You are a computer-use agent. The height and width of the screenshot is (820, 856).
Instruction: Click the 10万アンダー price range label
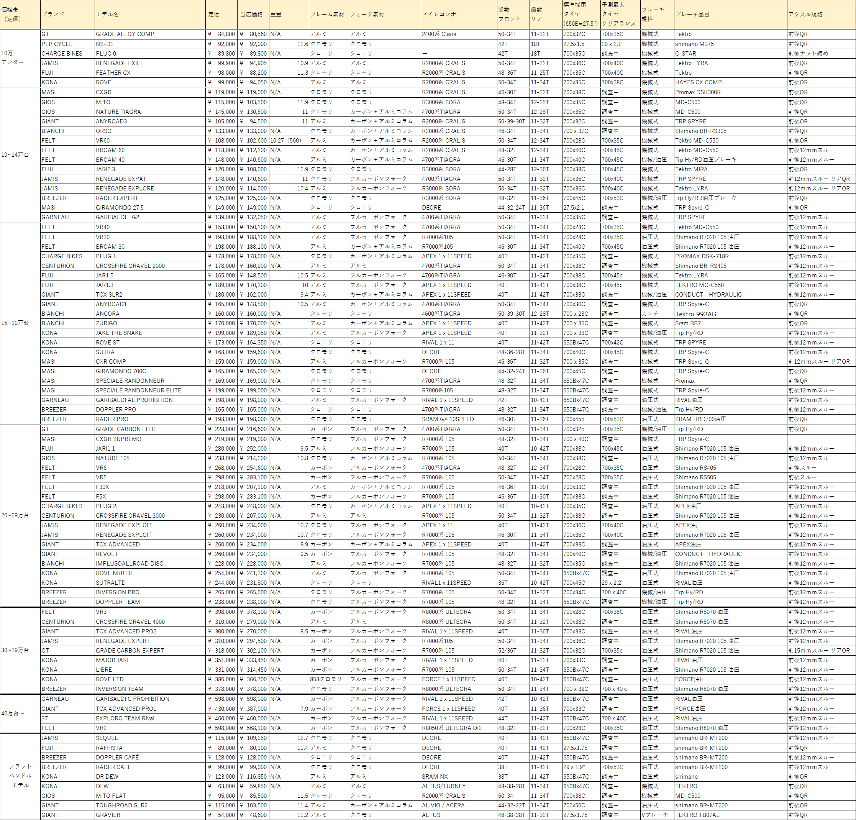[x=12, y=57]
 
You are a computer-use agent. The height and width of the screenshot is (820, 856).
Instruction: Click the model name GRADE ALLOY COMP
[x=125, y=34]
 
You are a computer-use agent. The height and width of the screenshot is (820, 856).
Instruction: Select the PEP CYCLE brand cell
[x=57, y=44]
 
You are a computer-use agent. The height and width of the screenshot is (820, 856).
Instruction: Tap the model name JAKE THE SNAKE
[x=119, y=333]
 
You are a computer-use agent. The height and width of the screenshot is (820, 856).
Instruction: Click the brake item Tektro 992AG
[x=695, y=313]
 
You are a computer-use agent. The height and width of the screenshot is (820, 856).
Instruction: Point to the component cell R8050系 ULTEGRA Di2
[x=452, y=728]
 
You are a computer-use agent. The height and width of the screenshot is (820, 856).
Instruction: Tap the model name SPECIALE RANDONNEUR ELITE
[x=138, y=390]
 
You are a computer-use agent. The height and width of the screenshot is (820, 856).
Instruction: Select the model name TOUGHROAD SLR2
[x=121, y=805]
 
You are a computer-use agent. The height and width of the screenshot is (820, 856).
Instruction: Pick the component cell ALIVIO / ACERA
[x=443, y=805]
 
